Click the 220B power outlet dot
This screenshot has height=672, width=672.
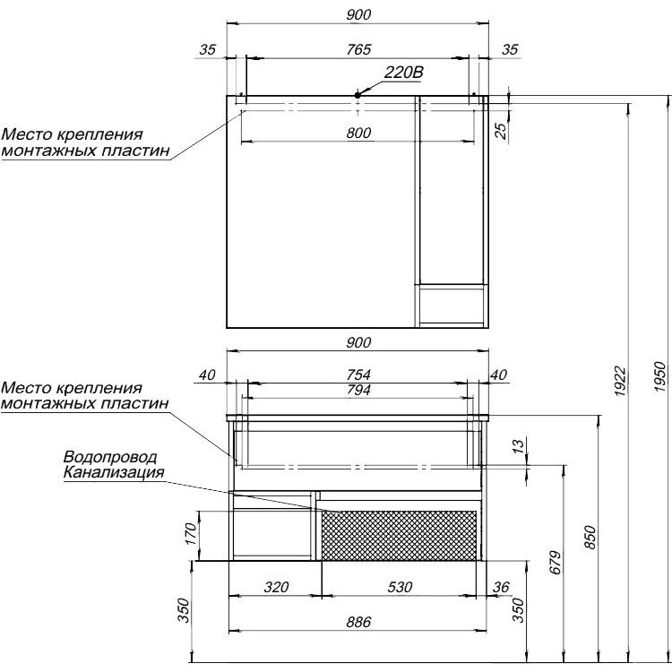coord(358,95)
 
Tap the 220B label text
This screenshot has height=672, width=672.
coord(403,73)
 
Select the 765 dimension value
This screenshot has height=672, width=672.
coord(358,49)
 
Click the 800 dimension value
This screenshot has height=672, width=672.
coord(358,134)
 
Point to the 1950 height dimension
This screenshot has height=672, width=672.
coord(660,376)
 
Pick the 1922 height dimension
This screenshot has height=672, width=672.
coord(620,381)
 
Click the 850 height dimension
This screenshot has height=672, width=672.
coord(590,538)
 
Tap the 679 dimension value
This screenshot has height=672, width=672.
coord(555,563)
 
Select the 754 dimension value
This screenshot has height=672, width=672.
coord(358,375)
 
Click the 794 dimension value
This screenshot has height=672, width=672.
coord(358,390)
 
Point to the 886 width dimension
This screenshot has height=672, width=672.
coord(358,622)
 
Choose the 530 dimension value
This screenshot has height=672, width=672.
coord(400,587)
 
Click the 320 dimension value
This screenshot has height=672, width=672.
coord(277,587)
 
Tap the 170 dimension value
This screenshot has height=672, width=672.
coord(190,534)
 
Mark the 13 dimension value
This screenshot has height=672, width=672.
coord(518,445)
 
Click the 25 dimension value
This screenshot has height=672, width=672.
coord(501,131)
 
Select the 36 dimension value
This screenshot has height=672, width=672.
coord(501,587)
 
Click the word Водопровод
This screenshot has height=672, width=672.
coord(110,457)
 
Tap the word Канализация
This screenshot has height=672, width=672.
coord(114,472)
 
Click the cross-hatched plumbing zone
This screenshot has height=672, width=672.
coord(399,535)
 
